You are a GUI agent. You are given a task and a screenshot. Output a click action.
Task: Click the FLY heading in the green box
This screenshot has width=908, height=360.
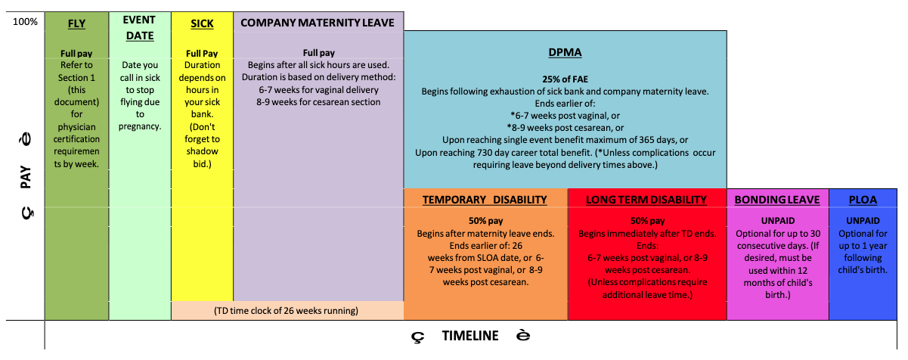tap(76, 23)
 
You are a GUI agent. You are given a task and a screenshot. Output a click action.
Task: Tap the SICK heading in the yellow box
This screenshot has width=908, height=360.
tap(202, 23)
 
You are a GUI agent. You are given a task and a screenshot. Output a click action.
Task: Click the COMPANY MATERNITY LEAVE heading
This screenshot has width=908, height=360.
tap(318, 23)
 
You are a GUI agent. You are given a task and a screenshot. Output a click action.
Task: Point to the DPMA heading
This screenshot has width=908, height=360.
tap(564, 52)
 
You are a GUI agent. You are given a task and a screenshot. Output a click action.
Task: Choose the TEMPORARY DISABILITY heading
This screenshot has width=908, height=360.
tap(485, 200)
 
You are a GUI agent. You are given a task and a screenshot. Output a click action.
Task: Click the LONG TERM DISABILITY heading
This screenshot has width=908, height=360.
tap(646, 200)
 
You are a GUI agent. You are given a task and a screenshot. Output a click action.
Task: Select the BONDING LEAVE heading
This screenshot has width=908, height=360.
tap(777, 200)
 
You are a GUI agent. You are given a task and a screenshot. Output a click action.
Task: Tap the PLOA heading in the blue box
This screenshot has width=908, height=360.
tap(863, 200)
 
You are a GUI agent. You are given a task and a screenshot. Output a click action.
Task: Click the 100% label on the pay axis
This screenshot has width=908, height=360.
tap(25, 21)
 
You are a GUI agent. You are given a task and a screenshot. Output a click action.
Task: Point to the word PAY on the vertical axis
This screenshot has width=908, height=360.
tap(26, 178)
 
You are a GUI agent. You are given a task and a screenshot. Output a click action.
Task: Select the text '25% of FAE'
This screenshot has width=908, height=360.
tap(565, 79)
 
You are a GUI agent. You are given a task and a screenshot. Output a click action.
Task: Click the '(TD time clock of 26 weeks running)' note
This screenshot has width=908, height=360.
tap(286, 310)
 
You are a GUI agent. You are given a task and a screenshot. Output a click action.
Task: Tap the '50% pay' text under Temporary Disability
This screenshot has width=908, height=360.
tap(484, 221)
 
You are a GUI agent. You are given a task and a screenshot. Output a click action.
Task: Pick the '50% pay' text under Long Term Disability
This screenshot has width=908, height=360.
tap(646, 221)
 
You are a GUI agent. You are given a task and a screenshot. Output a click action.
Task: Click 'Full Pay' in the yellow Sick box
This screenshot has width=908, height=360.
tap(202, 54)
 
